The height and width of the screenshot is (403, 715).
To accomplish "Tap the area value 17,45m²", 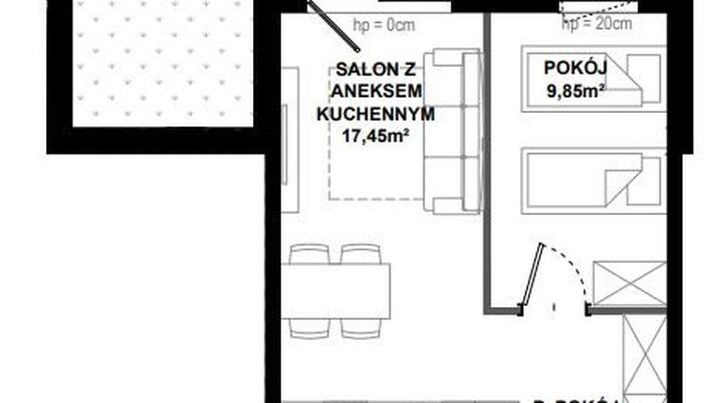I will click(374, 136).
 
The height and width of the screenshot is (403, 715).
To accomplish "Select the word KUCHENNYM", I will click(374, 113).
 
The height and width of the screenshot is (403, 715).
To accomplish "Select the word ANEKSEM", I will click(374, 90).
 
